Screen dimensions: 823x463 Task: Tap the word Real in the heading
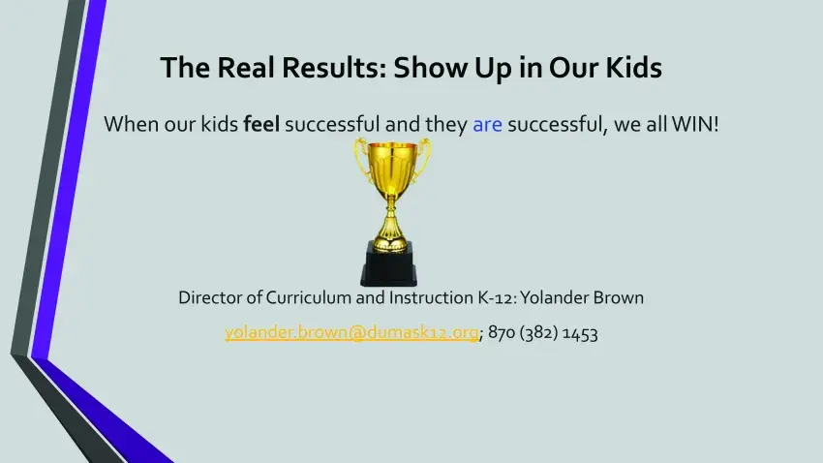[247, 67]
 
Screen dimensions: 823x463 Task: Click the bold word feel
[261, 124]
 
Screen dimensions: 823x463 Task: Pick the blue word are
[487, 125]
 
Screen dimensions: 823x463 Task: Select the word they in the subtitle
[446, 125]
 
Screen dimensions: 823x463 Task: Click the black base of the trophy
[389, 263]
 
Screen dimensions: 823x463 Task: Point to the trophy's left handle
[361, 159]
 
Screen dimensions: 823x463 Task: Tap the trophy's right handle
[422, 159]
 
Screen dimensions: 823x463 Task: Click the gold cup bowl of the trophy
[391, 167]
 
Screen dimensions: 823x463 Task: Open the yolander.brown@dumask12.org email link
[351, 332]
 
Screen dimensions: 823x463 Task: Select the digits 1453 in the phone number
[580, 333]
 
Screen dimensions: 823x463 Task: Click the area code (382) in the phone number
[539, 333]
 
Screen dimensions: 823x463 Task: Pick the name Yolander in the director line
[554, 297]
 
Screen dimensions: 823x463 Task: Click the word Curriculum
[309, 297]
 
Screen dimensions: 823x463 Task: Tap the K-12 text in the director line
[498, 297]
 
